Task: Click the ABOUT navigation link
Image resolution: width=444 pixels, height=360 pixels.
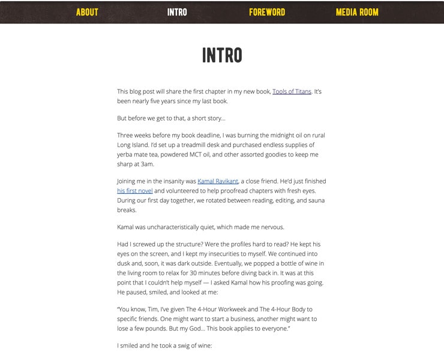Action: tap(87, 12)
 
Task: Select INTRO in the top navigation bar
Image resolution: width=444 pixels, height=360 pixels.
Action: tap(177, 12)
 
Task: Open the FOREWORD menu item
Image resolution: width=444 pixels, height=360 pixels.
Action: tap(267, 12)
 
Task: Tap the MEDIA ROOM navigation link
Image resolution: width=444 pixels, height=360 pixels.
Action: tap(357, 12)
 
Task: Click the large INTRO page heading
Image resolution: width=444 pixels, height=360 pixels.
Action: tap(222, 55)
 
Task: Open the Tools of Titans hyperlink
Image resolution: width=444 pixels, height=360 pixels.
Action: tap(292, 92)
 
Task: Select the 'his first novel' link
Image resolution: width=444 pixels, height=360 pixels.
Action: tap(134, 191)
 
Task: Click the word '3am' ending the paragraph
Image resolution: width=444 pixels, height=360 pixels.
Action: tap(147, 164)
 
